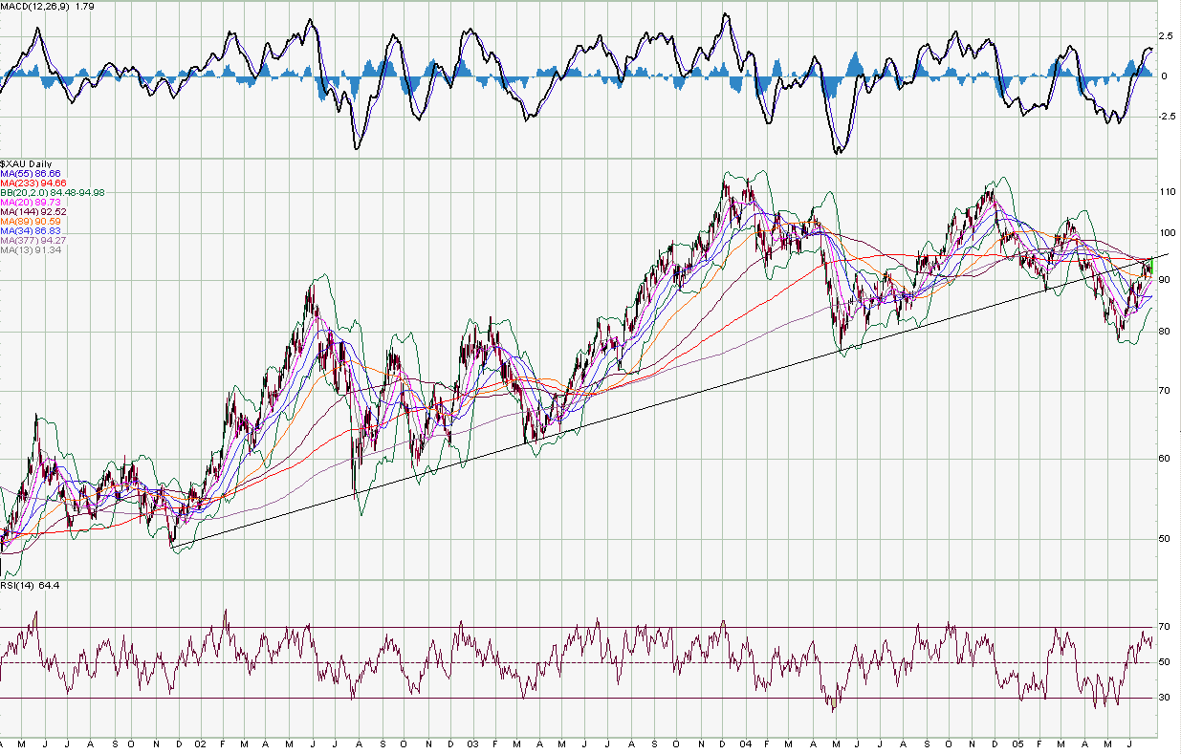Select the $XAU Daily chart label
pyautogui.click(x=26, y=164)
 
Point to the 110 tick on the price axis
pyautogui.click(x=1168, y=192)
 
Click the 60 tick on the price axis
pyautogui.click(x=1166, y=458)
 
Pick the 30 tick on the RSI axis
pyautogui.click(x=1166, y=698)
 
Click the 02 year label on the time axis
pyautogui.click(x=200, y=743)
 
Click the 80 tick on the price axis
pyautogui.click(x=1166, y=332)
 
